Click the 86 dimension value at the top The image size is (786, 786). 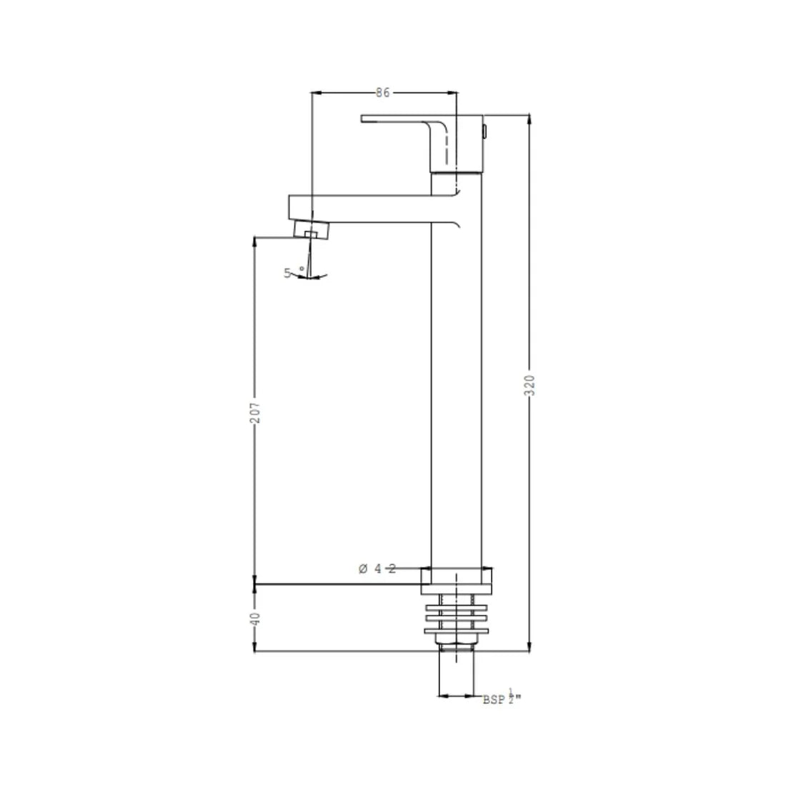(x=382, y=93)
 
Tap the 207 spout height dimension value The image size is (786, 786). (x=255, y=412)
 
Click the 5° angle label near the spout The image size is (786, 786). (x=289, y=272)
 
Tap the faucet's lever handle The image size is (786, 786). (x=400, y=119)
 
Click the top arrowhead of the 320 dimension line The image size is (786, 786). (x=529, y=118)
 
